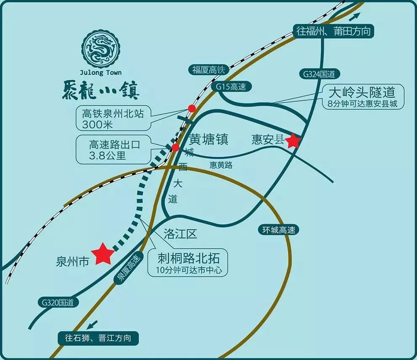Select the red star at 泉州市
coord(103,254)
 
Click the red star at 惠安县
coord(293,141)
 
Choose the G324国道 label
coord(319,74)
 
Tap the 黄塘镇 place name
coord(208,139)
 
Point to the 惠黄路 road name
coord(221,165)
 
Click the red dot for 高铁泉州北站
coord(192,108)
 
